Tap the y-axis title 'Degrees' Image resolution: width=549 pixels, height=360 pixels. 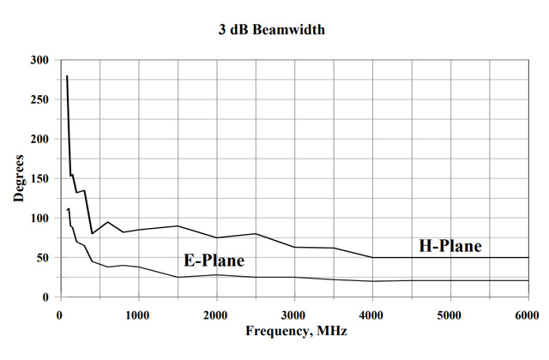(19, 178)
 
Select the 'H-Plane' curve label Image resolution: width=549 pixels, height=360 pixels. (449, 246)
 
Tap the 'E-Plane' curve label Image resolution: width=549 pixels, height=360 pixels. (214, 261)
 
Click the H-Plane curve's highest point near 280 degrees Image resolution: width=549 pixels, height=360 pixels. (67, 76)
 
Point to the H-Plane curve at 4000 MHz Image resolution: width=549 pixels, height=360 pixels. (372, 257)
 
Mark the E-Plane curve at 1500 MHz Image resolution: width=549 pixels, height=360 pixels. (178, 277)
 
